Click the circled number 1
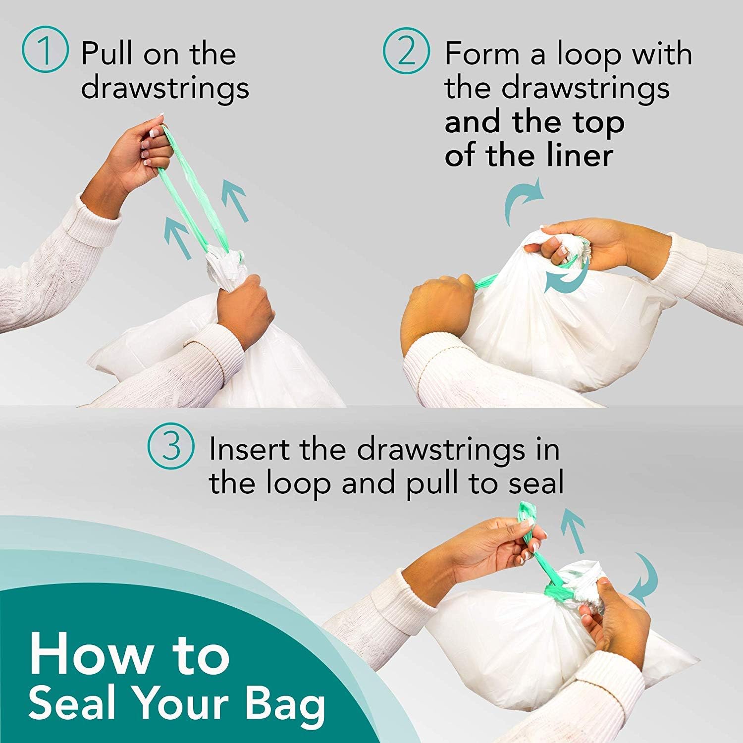[x=45, y=52]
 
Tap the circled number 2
[x=406, y=52]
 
